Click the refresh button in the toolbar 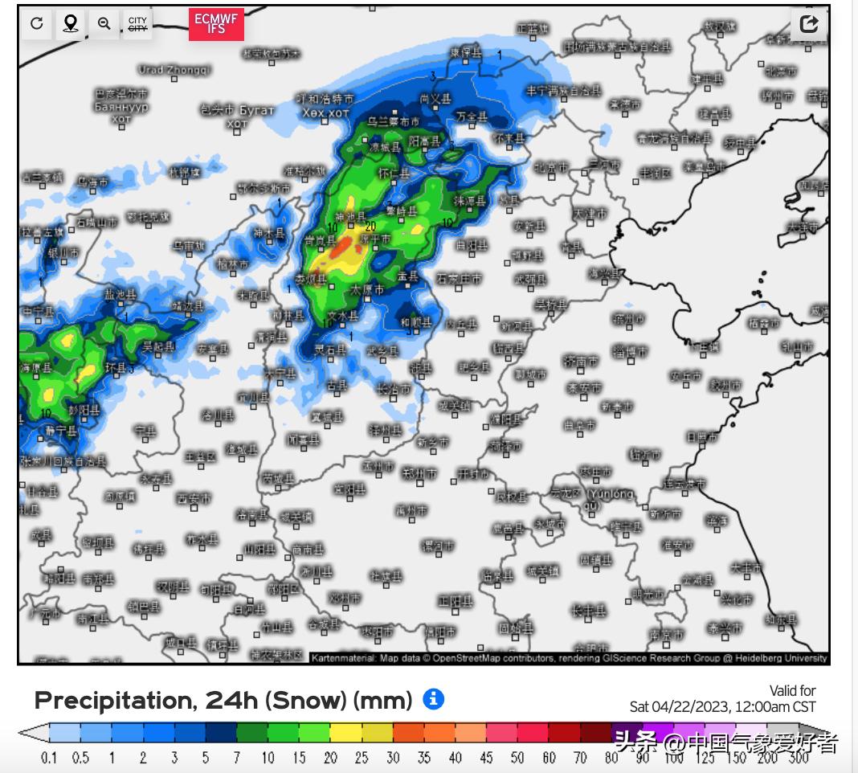37,23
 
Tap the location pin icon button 71,23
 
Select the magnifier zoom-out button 104,23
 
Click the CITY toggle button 137,23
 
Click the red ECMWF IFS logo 216,24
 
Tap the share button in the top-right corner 809,24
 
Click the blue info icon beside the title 433,699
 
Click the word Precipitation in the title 113,701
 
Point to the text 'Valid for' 792,691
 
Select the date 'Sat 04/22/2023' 679,707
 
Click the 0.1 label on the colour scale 49,758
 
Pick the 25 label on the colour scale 361,758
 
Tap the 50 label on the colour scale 517,758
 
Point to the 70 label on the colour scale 579,758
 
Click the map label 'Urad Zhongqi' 174,70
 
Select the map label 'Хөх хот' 325,113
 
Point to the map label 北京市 551,168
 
